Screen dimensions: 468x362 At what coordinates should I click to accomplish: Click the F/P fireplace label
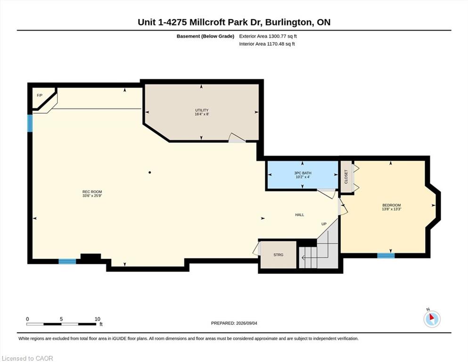(40, 96)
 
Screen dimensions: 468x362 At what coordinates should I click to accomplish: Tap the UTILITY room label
(202, 110)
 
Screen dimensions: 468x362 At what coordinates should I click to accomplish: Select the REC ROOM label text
(92, 192)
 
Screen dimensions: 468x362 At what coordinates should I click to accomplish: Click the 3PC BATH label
(303, 173)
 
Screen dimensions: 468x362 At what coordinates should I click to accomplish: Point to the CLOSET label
(346, 177)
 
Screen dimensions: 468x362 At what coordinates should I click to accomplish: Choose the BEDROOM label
(391, 206)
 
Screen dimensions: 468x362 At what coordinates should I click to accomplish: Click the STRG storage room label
(278, 255)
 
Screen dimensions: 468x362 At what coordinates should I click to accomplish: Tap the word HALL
(300, 215)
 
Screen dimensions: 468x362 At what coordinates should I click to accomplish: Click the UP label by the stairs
(324, 224)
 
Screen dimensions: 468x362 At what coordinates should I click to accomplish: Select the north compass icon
(432, 319)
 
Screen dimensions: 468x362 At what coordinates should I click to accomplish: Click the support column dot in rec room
(150, 172)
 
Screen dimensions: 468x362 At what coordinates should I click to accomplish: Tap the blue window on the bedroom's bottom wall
(386, 255)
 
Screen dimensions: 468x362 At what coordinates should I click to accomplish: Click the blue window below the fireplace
(30, 123)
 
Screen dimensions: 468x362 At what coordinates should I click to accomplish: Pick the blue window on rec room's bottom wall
(67, 262)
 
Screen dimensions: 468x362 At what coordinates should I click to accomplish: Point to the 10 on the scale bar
(97, 319)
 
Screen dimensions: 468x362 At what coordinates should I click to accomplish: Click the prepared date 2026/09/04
(246, 323)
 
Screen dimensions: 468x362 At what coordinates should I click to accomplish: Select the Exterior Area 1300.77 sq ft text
(268, 36)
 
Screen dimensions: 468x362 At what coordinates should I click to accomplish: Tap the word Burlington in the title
(288, 22)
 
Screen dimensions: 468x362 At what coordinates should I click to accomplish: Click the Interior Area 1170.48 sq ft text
(267, 44)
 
